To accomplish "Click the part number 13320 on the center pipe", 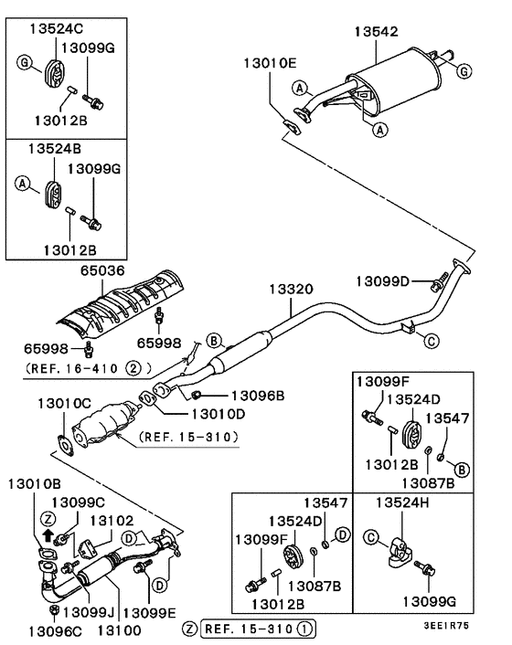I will tap(291, 290).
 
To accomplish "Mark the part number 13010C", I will tap(63, 403).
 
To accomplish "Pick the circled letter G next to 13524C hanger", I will tap(25, 61).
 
